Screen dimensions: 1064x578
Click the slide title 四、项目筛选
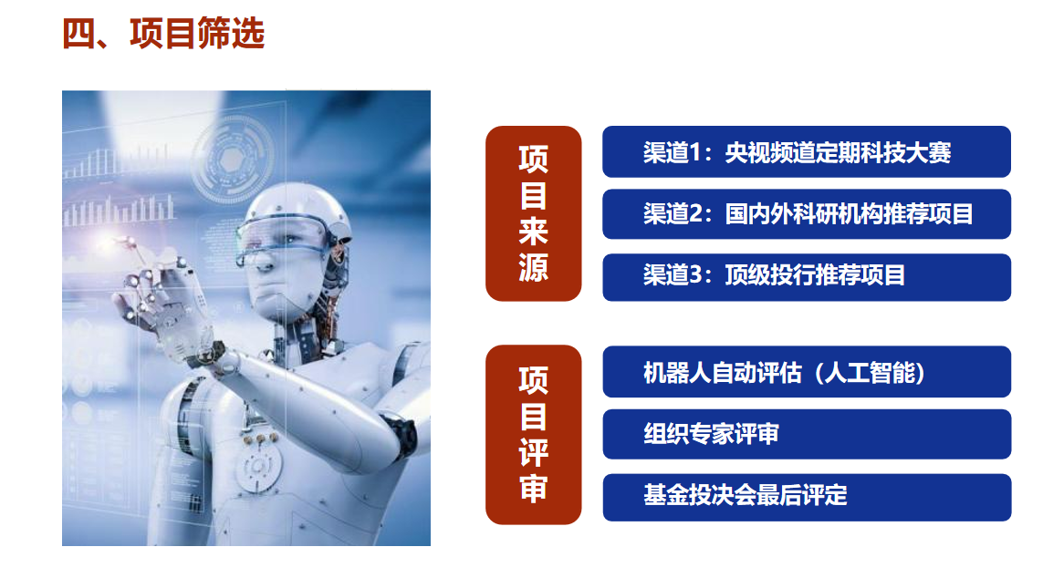(162, 33)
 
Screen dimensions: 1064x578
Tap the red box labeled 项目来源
(533, 213)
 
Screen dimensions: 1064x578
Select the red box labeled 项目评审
(533, 434)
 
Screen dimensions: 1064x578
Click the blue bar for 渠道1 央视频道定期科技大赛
(807, 151)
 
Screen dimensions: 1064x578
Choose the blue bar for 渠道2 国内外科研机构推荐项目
(807, 214)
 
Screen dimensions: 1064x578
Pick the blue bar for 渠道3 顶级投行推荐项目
(807, 277)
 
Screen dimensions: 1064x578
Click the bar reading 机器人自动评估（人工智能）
(807, 372)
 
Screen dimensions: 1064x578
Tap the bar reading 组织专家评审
(807, 434)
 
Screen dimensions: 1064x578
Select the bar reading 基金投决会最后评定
(807, 498)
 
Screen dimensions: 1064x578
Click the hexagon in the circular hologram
(232, 160)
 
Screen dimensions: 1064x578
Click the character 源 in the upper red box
(533, 267)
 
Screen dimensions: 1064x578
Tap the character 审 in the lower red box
(533, 488)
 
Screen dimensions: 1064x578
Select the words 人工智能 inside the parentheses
(874, 373)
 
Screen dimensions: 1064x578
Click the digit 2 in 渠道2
(696, 214)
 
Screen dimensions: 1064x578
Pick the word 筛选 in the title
(231, 33)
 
